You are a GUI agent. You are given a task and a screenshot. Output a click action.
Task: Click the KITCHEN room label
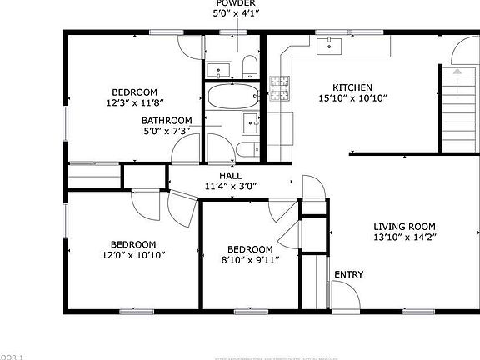point(352,87)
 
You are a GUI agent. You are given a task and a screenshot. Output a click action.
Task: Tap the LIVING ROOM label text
point(404,227)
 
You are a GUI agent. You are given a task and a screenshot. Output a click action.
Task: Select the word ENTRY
point(347,274)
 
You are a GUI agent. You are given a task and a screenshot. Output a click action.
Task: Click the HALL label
point(230,176)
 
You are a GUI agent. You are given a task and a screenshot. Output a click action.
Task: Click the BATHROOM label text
point(166,120)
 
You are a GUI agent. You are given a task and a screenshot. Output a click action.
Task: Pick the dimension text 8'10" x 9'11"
point(250,259)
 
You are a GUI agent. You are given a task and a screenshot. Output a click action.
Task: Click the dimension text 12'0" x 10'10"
point(133,254)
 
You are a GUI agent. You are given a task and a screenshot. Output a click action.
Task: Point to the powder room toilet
point(248,67)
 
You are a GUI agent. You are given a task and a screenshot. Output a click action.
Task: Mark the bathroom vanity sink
point(250,123)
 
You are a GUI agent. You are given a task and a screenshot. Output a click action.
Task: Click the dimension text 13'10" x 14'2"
point(404,237)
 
